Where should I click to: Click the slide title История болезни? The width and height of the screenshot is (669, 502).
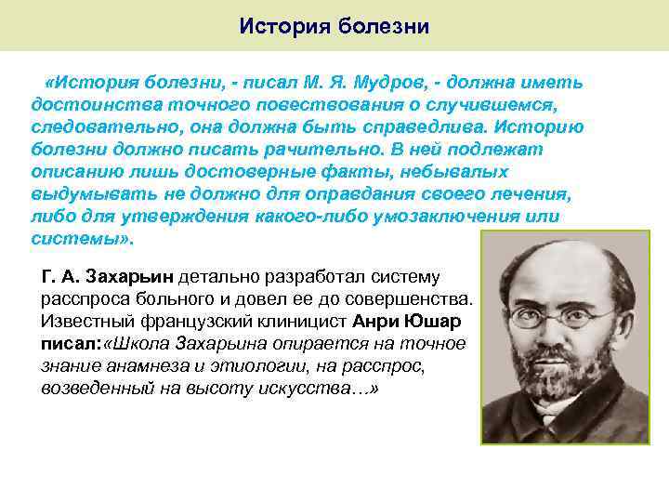pyautogui.click(x=334, y=25)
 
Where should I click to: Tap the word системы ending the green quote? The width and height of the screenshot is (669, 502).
pyautogui.click(x=80, y=238)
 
